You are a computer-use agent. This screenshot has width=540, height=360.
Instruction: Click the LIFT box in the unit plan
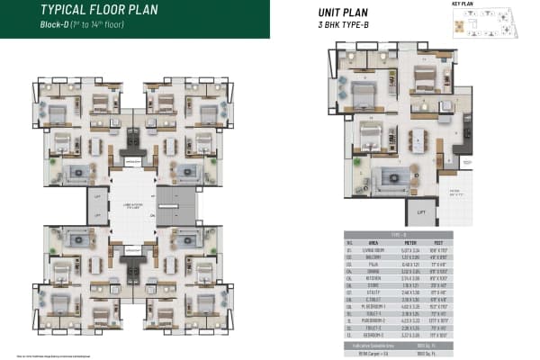click(420, 213)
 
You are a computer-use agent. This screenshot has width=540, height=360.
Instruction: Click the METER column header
click(409, 240)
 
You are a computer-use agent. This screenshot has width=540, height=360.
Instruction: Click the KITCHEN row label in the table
click(370, 278)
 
